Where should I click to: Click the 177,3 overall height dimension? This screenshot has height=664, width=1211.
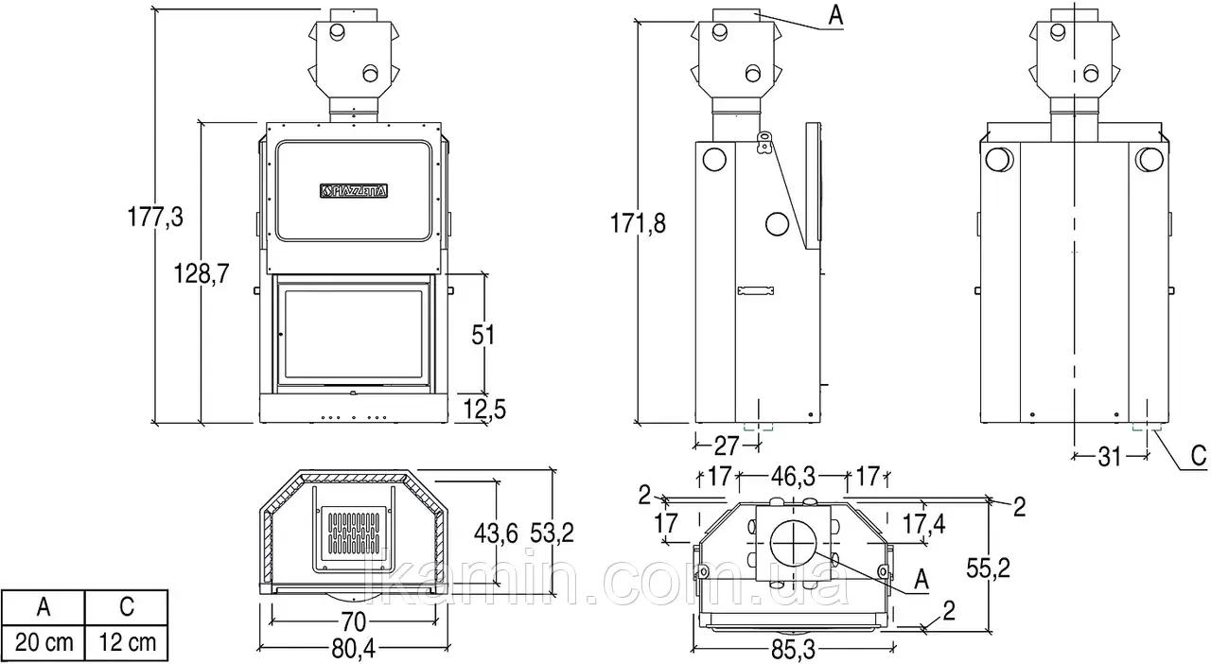tap(155, 217)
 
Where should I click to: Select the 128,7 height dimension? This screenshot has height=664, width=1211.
tap(202, 273)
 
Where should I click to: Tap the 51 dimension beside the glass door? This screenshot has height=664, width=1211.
tap(483, 335)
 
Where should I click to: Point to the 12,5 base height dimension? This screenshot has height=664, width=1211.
tap(485, 410)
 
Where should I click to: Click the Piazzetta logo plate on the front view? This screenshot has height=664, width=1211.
tap(354, 190)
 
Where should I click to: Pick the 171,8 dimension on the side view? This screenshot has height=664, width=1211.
tap(638, 223)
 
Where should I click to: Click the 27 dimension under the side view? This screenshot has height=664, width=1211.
tap(726, 446)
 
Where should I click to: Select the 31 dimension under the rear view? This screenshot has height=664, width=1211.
tap(1110, 458)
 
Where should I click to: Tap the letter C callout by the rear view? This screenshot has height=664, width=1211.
tap(1199, 456)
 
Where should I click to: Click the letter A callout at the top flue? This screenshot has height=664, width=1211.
tap(835, 15)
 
